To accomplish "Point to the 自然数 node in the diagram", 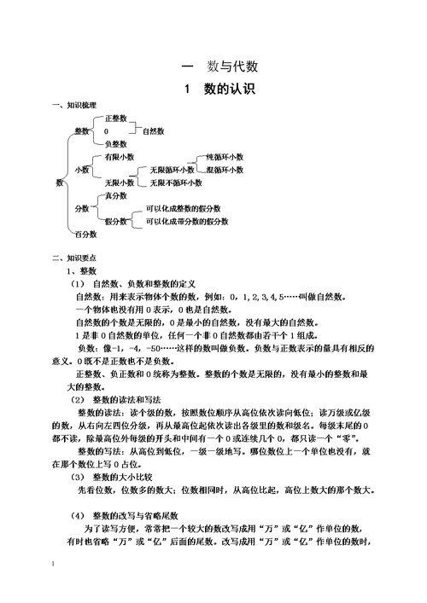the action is (x=154, y=130).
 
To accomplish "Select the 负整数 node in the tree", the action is (x=115, y=144).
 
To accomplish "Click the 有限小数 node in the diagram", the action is (x=119, y=157).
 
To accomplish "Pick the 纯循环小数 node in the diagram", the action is (x=224, y=157).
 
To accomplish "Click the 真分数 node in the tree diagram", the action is (x=115, y=196).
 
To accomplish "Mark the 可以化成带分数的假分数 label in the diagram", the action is (x=186, y=222).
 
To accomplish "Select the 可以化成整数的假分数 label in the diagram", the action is (x=183, y=209).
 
